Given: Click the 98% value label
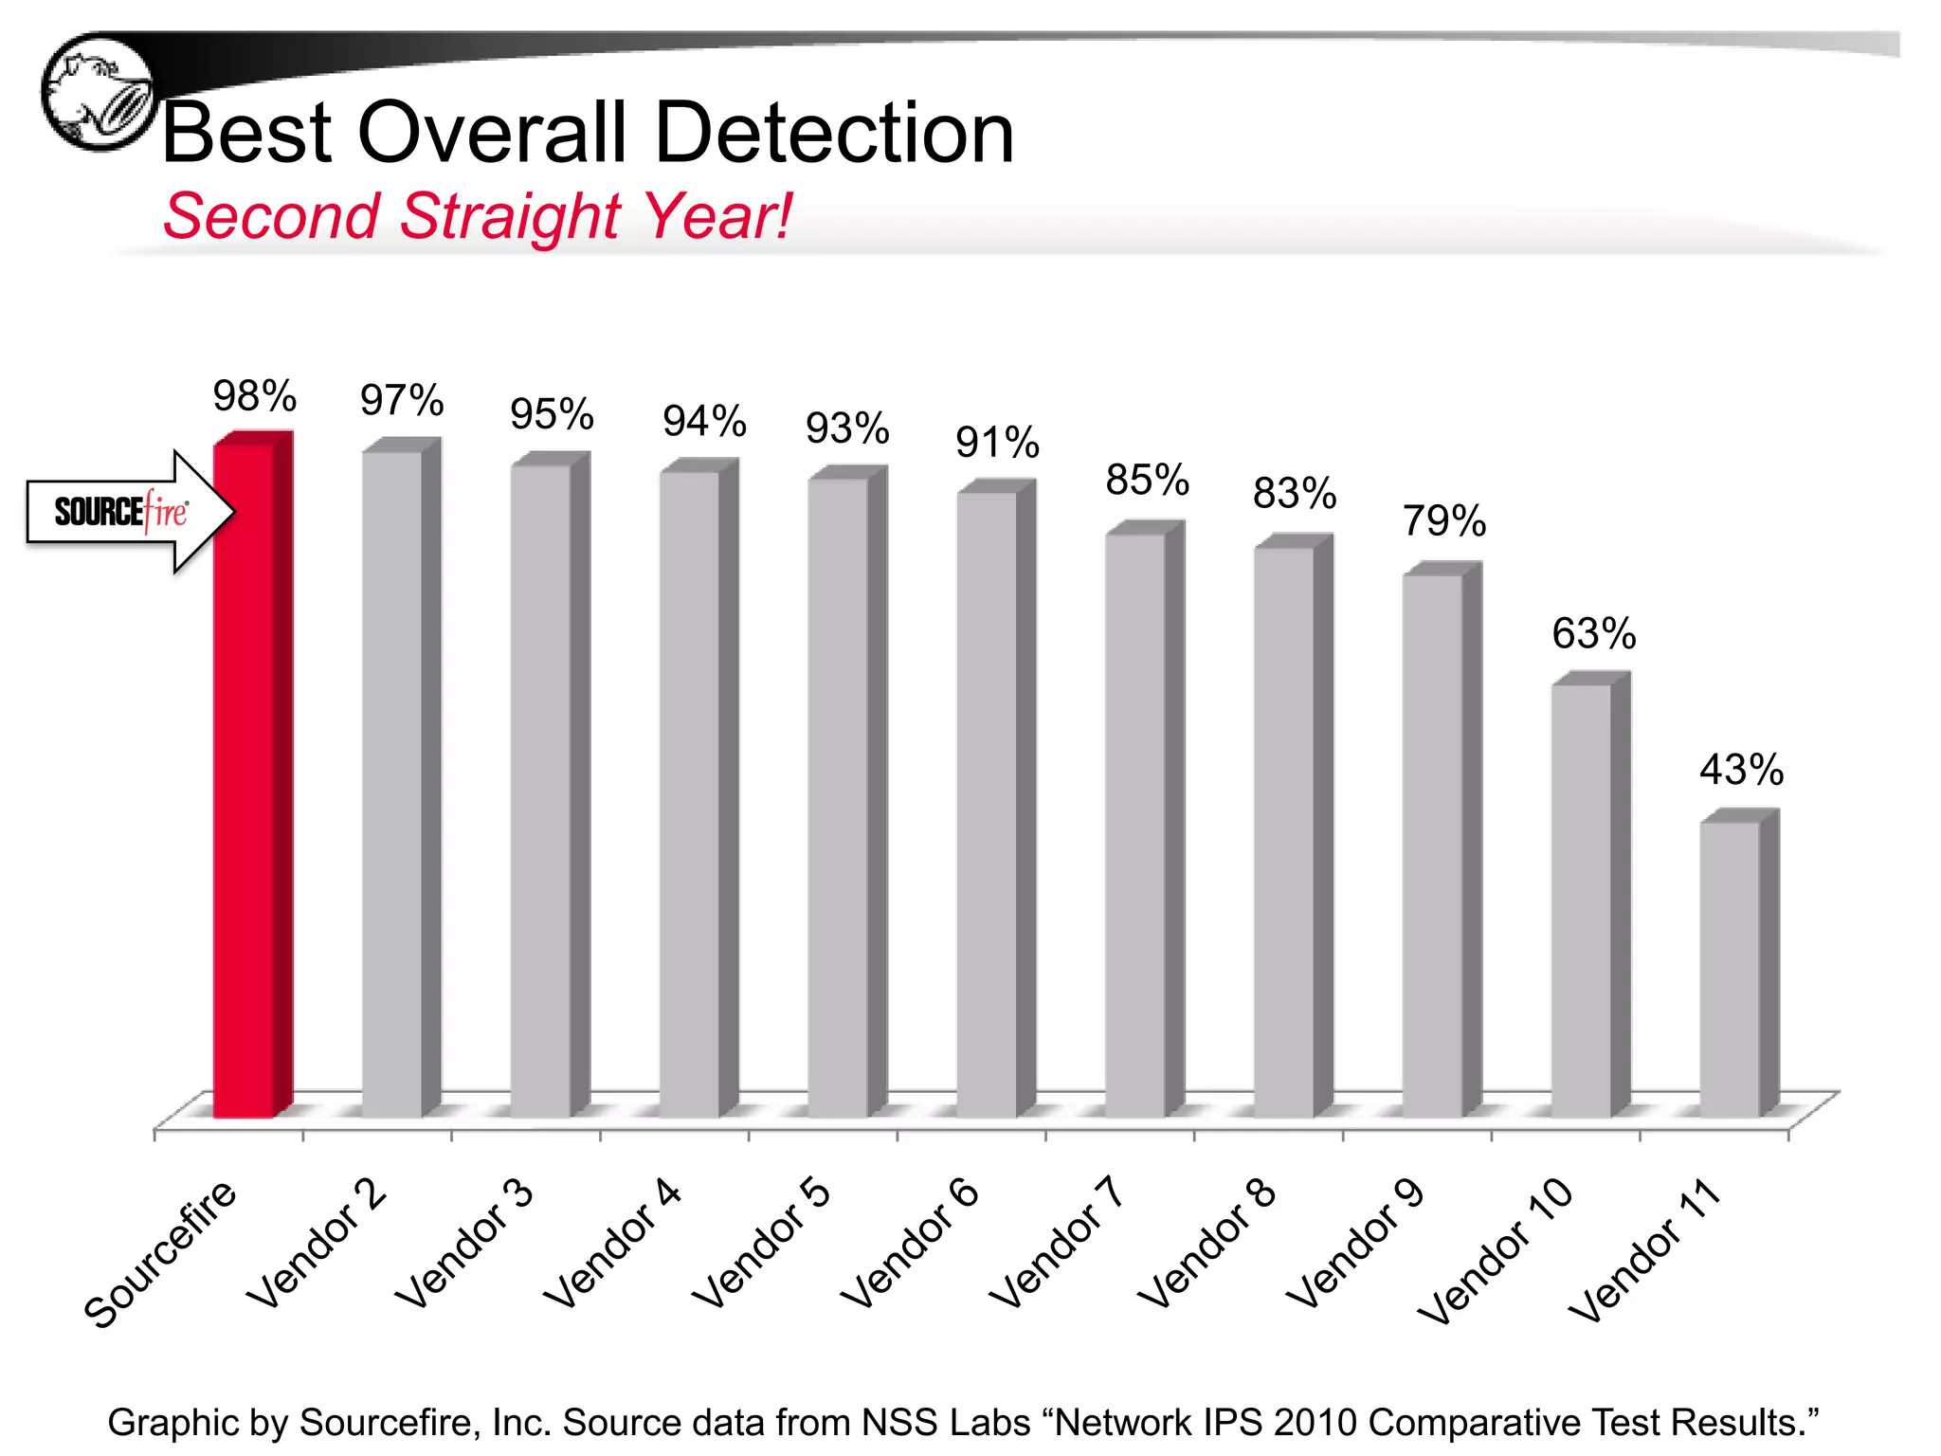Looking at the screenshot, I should [254, 396].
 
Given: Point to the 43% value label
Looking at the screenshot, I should [1741, 770].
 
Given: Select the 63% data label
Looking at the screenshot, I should [1593, 633].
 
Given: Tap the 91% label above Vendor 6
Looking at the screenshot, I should [997, 443].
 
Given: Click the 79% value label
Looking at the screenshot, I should [1444, 520].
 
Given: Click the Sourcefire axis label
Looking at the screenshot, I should [161, 1253].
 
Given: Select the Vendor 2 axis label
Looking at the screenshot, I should [317, 1244].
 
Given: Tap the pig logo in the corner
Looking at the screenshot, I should [98, 92].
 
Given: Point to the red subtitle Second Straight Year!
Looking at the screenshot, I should [477, 216].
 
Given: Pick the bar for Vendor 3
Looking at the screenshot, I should [540, 792].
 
